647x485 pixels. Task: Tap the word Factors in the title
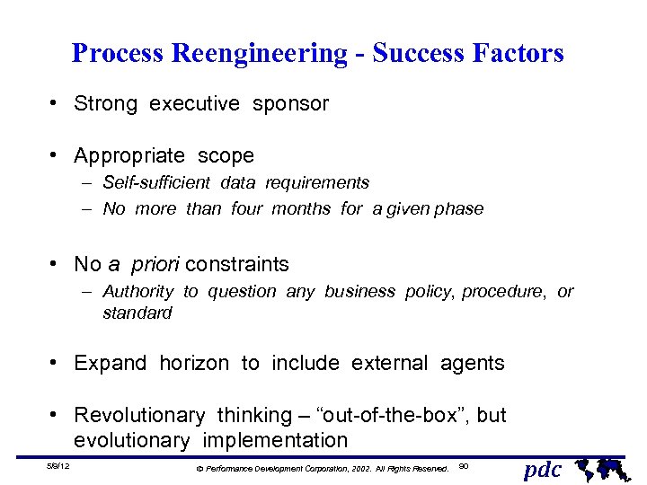518,54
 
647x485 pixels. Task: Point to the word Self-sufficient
156,183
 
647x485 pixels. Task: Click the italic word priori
155,265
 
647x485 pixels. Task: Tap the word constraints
237,265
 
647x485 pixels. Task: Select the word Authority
138,292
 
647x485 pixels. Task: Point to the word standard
137,313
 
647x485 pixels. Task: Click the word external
391,364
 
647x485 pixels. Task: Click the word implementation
274,441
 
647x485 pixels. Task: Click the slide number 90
464,466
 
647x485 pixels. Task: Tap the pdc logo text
543,469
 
